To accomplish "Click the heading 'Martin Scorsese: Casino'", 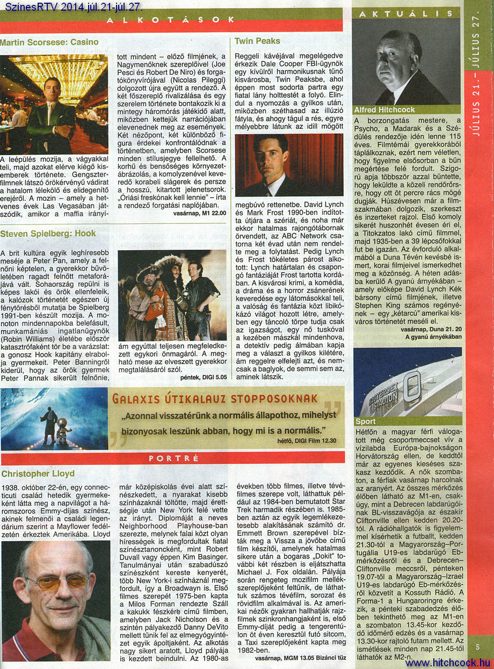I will point(49,42).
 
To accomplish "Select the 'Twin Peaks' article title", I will point(257,41).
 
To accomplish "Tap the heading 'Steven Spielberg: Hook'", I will point(48,233).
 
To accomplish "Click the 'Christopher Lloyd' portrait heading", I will point(38,474).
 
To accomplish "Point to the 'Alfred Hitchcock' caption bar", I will point(384,110).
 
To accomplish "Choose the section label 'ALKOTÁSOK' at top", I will point(170,20).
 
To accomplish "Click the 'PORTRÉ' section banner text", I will point(173,459).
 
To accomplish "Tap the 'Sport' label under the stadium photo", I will point(366,421).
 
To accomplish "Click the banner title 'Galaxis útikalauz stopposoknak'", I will point(215,398).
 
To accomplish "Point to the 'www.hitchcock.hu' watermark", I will point(447,663).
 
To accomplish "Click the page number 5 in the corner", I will point(477,647).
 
